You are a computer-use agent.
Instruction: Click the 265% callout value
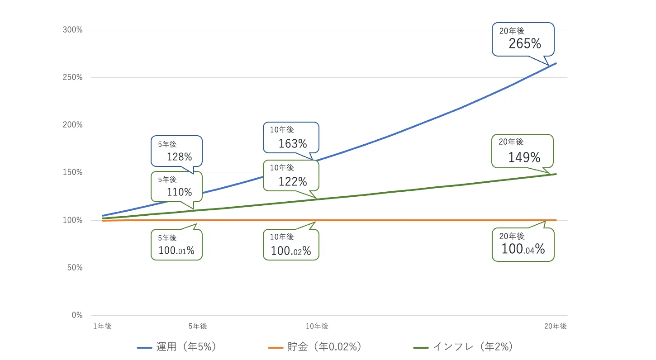(x=525, y=43)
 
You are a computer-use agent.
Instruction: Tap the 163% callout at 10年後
(x=292, y=143)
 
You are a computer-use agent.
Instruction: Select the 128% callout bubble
(x=179, y=156)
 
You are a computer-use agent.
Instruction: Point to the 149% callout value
(x=524, y=157)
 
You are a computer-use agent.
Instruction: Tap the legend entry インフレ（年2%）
(x=463, y=347)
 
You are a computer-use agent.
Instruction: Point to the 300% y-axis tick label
(x=73, y=30)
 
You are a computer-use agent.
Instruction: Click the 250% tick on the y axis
(x=73, y=77)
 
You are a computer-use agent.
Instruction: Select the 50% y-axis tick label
(x=75, y=268)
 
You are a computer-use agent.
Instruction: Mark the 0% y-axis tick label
(x=76, y=315)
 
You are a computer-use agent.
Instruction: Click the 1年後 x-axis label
(x=102, y=326)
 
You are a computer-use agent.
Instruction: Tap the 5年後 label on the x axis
(x=198, y=326)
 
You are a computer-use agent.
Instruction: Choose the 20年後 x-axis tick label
(x=556, y=326)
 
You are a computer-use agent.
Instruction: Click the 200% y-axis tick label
(x=73, y=125)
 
